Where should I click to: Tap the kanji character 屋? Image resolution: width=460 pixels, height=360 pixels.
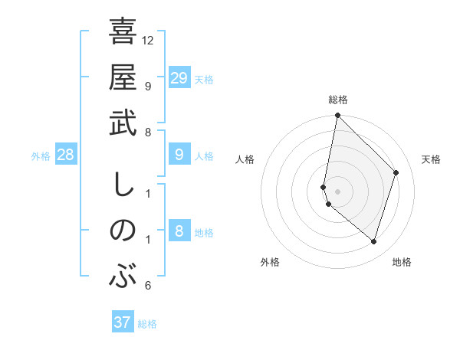123,77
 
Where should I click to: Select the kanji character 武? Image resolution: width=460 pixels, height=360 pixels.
123,123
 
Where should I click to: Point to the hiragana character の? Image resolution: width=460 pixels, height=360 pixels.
123,231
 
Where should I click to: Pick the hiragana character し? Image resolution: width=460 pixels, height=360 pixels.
123,185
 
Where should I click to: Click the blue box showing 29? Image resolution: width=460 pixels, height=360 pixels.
179,78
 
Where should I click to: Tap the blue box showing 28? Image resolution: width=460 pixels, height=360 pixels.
65,155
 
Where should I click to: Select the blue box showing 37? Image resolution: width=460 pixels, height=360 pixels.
122,322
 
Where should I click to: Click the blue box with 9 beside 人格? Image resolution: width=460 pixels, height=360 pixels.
179,155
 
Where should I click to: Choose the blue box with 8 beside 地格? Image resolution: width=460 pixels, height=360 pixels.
179,232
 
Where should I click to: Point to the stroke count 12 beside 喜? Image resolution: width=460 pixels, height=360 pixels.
148,40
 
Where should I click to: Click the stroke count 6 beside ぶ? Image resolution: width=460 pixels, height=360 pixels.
147,286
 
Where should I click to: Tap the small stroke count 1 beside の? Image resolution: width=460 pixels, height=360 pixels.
147,240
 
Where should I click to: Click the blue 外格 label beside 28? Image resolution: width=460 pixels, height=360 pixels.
41,156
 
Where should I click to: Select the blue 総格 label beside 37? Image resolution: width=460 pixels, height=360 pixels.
147,324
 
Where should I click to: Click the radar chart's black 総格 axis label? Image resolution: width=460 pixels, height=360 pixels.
337,100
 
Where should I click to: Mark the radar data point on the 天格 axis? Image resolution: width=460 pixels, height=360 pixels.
396,172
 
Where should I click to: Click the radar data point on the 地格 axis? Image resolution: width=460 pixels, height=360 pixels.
373,241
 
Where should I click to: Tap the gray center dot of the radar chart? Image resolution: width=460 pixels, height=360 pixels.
337,191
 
